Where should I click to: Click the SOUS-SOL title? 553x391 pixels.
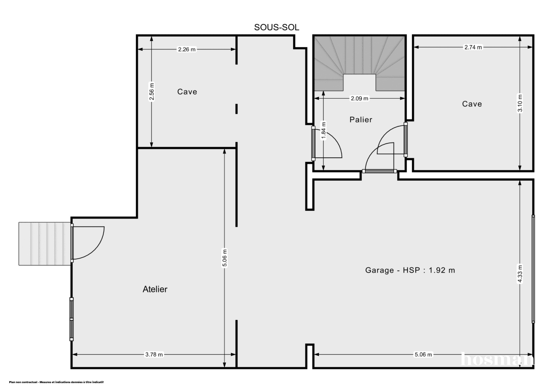[x=277, y=27]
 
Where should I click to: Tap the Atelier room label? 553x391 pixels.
[x=155, y=290]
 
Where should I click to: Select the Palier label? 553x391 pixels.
[x=360, y=119]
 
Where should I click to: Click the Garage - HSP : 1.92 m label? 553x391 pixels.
[x=410, y=271]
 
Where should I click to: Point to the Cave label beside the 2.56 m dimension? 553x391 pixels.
[x=187, y=92]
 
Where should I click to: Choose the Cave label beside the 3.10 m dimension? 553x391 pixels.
[x=472, y=104]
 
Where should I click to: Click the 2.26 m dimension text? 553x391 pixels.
[x=187, y=50]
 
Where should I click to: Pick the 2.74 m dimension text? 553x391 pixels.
[x=473, y=47]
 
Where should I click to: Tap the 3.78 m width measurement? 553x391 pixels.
[x=154, y=355]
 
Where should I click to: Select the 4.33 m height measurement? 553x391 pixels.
[x=520, y=276]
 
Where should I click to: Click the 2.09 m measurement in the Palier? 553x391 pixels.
[x=360, y=98]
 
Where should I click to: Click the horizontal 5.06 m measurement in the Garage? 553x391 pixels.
[x=423, y=355]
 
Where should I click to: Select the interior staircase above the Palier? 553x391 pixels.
[x=359, y=62]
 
